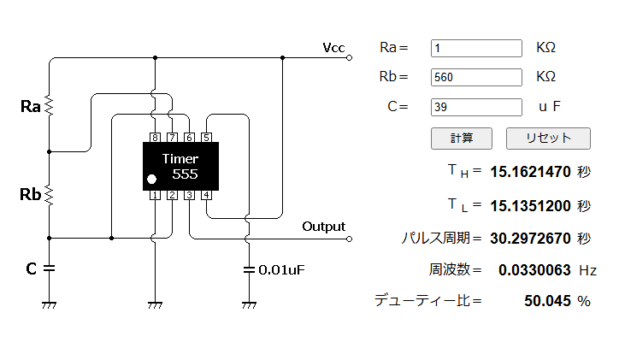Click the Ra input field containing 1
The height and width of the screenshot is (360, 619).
pos(476,48)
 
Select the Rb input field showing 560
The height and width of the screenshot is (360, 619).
pos(476,77)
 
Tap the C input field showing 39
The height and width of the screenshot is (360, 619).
pos(476,107)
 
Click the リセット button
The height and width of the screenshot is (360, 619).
pos(548,139)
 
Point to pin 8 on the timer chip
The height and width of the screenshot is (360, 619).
pos(155,138)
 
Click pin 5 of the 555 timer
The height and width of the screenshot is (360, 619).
pos(206,138)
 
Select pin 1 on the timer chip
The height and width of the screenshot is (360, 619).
pos(155,195)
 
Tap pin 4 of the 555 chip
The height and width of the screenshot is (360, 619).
pos(206,195)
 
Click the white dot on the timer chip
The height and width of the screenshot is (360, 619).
pos(151,180)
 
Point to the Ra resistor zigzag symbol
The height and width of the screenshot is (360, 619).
pos(49,105)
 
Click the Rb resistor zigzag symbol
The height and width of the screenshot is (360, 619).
pos(49,195)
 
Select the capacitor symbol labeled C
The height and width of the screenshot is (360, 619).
pos(49,269)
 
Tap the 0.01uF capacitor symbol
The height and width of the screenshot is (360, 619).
pos(249,270)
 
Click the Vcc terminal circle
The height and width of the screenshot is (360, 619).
pos(349,58)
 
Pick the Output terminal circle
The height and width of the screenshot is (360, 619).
pos(349,239)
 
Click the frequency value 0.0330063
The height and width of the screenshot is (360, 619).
pos(534,270)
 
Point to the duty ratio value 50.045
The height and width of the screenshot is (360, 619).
pos(547,301)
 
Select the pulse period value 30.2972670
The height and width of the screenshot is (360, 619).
pos(530,239)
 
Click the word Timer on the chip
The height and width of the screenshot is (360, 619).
pos(180,159)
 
